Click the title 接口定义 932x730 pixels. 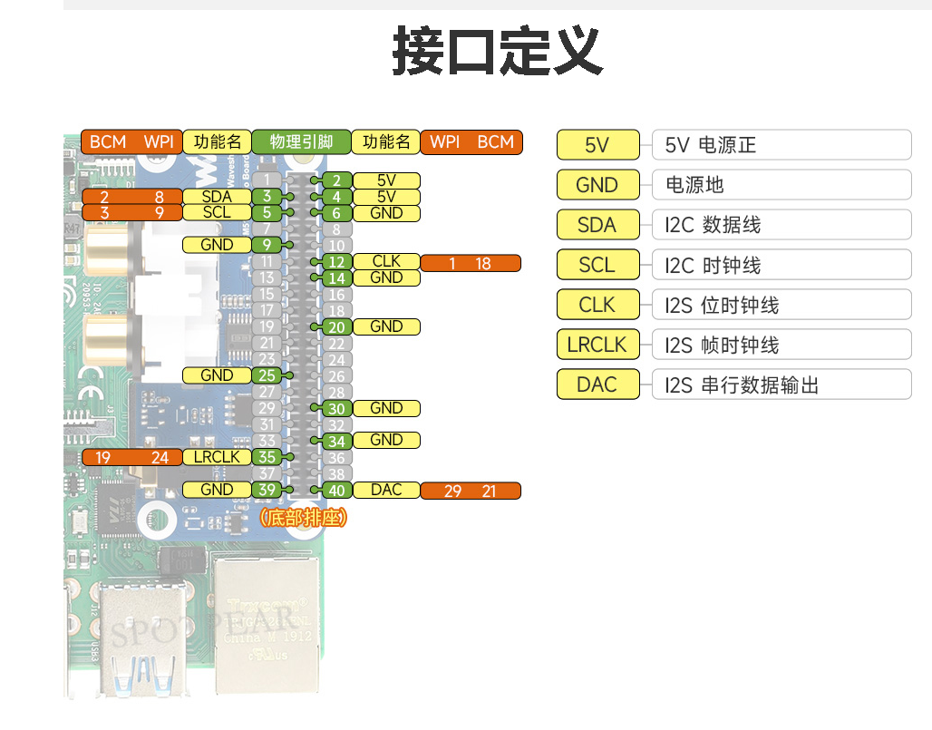[x=498, y=52]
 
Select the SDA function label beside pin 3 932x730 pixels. [x=217, y=197]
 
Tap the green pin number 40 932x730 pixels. [x=337, y=491]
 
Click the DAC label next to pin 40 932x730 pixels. [x=386, y=490]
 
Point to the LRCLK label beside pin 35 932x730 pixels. [x=217, y=457]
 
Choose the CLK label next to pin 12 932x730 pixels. [x=386, y=262]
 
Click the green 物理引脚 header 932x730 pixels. [x=301, y=141]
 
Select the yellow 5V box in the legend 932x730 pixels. [x=597, y=145]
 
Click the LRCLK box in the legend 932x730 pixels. [x=597, y=345]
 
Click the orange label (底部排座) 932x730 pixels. [x=302, y=518]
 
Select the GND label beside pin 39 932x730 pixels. [x=217, y=490]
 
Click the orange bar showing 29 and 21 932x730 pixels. [x=471, y=491]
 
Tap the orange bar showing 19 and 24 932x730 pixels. [x=131, y=457]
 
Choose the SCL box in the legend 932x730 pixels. [x=597, y=265]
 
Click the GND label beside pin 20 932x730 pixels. [x=386, y=326]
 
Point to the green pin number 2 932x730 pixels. [x=337, y=180]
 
